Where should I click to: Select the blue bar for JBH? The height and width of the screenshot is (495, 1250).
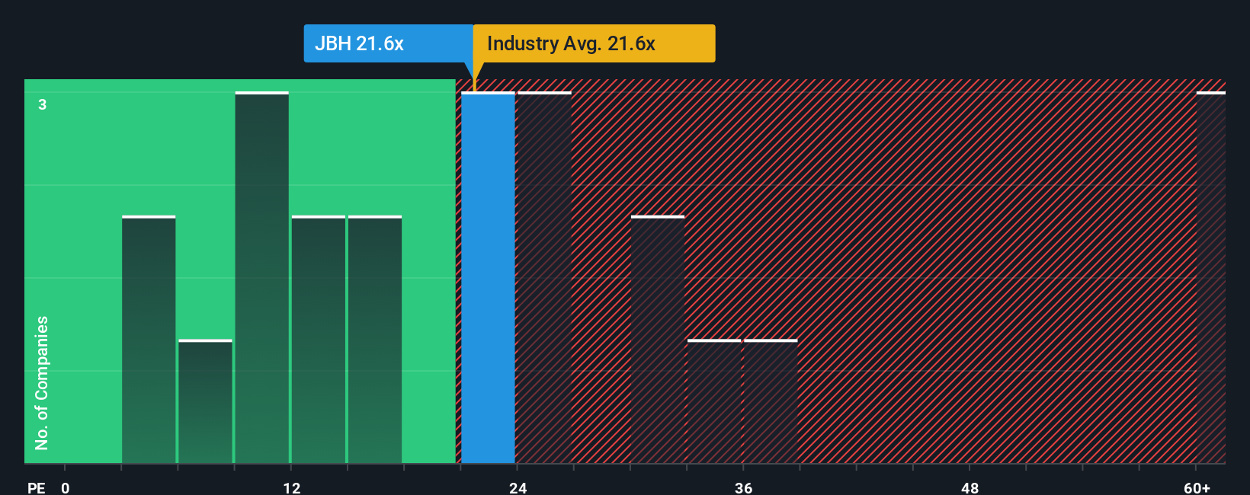[x=488, y=278]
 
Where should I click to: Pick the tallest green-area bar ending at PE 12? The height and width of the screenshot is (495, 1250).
[x=261, y=278]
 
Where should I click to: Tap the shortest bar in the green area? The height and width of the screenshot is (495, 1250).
[x=205, y=401]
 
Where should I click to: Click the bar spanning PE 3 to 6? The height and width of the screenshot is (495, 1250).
[x=149, y=340]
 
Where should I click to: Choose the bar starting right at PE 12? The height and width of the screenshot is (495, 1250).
[x=318, y=340]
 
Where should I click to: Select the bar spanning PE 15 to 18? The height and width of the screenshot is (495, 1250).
[x=374, y=340]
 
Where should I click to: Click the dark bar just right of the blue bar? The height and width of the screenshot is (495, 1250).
[x=544, y=278]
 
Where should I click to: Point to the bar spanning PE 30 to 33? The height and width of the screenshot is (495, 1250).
[x=657, y=340]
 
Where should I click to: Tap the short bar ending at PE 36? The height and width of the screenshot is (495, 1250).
[x=714, y=401]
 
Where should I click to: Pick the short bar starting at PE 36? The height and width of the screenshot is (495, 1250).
[x=771, y=401]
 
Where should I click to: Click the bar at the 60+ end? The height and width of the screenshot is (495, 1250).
[x=1210, y=278]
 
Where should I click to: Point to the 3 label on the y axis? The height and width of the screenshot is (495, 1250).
[x=43, y=104]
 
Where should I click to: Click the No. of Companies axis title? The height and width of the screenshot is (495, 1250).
[x=42, y=382]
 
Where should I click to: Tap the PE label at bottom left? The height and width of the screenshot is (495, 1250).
[x=36, y=487]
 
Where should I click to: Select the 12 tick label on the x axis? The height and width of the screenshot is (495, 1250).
[x=291, y=487]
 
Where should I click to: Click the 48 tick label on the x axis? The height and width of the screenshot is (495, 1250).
[x=970, y=487]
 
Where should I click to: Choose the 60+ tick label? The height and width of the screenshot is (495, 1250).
[x=1197, y=487]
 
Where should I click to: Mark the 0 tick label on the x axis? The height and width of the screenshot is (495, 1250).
[x=66, y=487]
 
